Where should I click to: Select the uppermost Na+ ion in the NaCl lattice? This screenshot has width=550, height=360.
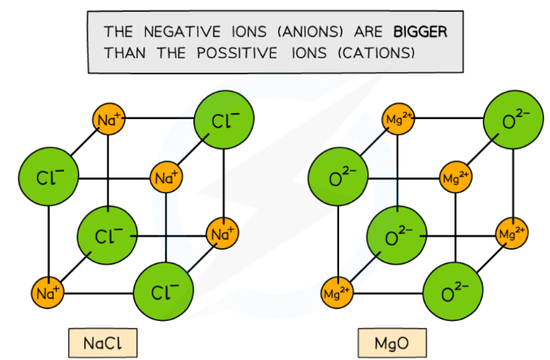pyautogui.click(x=108, y=120)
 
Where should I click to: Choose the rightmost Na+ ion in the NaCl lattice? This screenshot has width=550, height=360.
pyautogui.click(x=222, y=234)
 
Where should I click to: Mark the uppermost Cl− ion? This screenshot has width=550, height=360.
pyautogui.click(x=222, y=120)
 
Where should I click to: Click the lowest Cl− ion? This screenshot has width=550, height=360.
pyautogui.click(x=163, y=292)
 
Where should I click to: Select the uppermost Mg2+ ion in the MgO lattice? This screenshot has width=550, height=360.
pyautogui.click(x=397, y=120)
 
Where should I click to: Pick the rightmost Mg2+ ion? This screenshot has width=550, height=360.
pyautogui.click(x=512, y=234)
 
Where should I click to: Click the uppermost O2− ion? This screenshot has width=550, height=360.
pyautogui.click(x=511, y=120)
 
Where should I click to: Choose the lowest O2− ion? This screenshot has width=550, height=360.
pyautogui.click(x=452, y=292)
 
